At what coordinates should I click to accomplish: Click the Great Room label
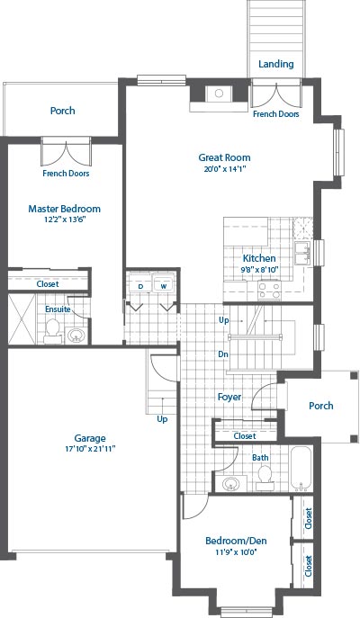pos(224,157)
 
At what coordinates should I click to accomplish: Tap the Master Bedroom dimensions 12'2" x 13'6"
pos(65,219)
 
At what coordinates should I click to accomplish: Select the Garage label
pos(90,438)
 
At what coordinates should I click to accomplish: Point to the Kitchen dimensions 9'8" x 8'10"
pos(259,270)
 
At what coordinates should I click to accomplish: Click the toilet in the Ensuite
pos(52,331)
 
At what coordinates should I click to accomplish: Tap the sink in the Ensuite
pos(76,336)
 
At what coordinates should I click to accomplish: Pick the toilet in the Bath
pos(265,475)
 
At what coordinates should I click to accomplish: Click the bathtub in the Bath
pos(301,468)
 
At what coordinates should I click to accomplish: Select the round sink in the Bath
pos(231,484)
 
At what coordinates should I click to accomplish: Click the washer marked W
pos(164,282)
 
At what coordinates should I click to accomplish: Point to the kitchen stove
pos(269,291)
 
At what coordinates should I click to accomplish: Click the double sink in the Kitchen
pos(302,254)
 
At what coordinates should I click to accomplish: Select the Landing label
pos(276,64)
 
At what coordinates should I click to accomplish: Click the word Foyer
pos(229,397)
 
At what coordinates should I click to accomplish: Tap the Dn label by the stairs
pos(223,354)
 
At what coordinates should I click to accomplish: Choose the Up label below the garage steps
pos(162,419)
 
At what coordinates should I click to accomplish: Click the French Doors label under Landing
pos(276,114)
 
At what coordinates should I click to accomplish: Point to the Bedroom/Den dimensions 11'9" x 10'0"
pos(236,551)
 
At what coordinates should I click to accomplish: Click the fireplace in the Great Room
pos(219,94)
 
